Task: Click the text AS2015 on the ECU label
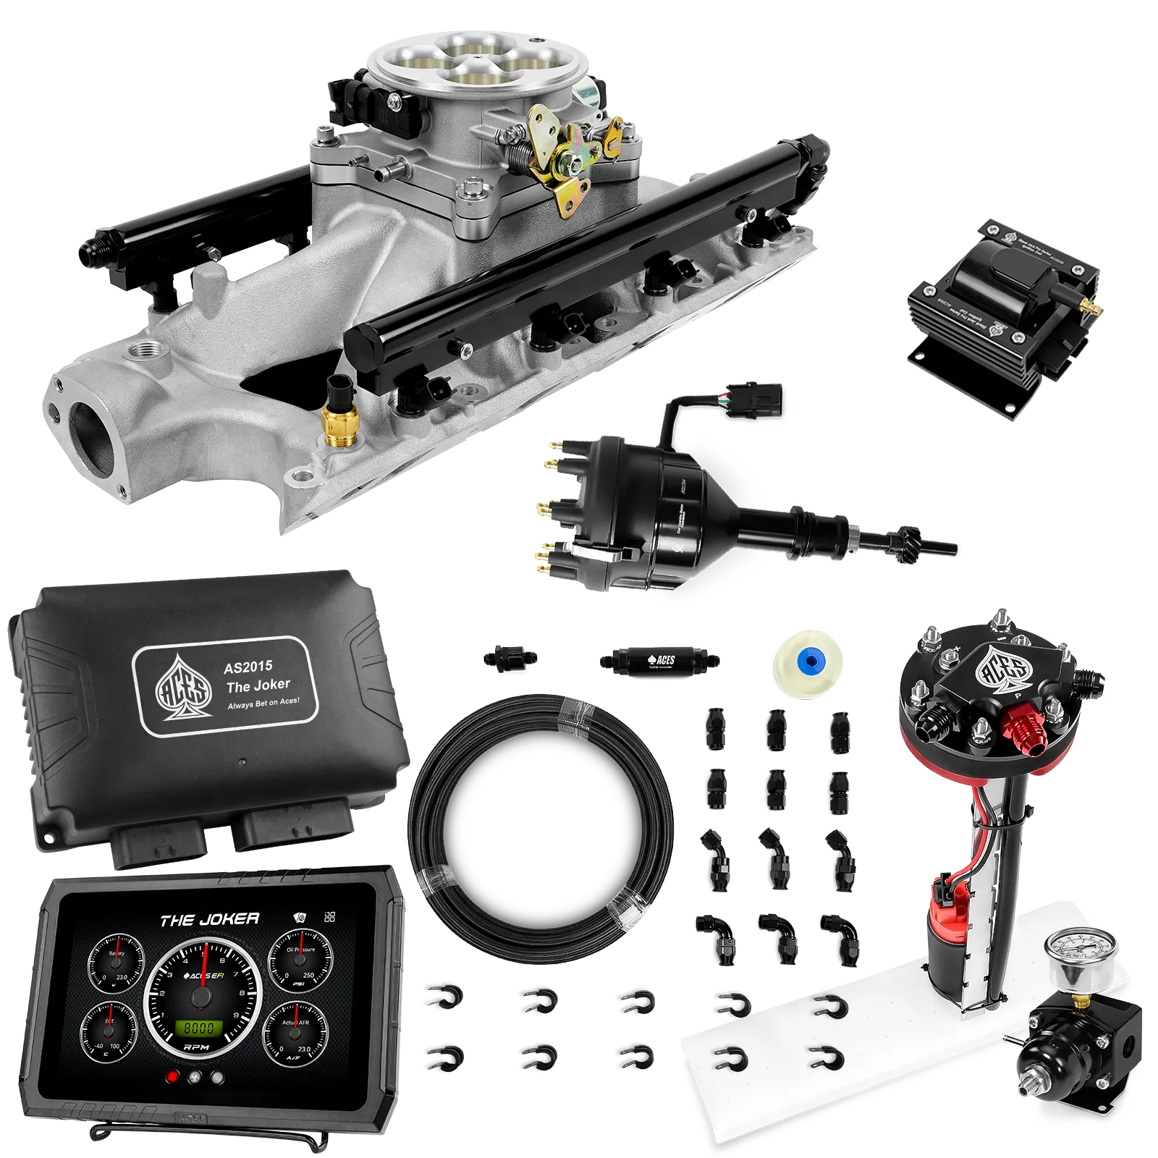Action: (248, 667)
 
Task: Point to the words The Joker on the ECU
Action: (258, 685)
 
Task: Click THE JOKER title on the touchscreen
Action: (210, 920)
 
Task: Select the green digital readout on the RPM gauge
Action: (198, 1028)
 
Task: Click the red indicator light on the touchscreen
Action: (172, 1077)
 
